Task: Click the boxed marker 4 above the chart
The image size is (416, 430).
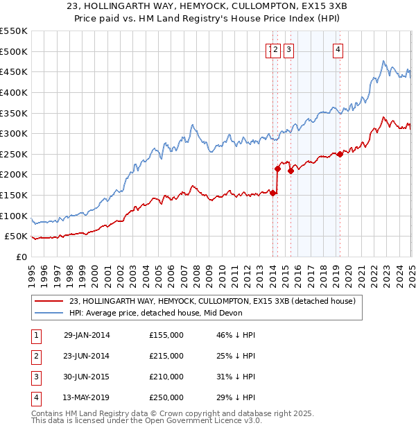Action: click(338, 49)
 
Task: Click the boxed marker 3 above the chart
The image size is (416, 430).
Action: click(288, 49)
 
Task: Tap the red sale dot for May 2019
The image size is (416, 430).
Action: click(340, 155)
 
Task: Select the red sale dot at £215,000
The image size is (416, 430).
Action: click(277, 169)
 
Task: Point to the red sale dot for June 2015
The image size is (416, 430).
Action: click(291, 171)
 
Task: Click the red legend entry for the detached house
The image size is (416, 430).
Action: click(212, 301)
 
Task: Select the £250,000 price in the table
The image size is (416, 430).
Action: click(166, 398)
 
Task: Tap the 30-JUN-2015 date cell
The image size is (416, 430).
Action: click(87, 377)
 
